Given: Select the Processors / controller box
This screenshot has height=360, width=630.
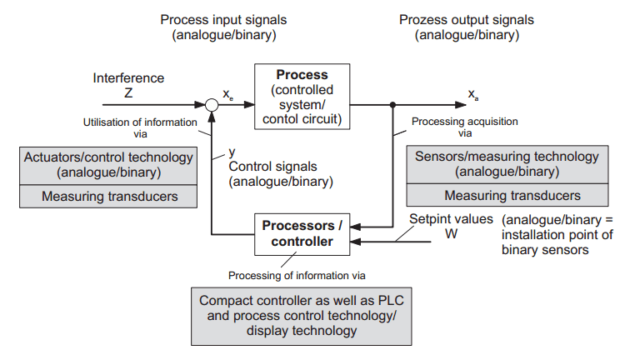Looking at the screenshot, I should [x=302, y=233].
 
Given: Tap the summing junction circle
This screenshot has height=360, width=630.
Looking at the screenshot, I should [x=212, y=105].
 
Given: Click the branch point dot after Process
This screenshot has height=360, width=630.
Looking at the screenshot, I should [x=392, y=105].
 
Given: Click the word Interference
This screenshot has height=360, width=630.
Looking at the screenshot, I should [x=128, y=78].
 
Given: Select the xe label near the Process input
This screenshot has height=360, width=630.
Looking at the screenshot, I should [x=228, y=97].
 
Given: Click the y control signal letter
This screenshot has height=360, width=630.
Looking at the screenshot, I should [x=232, y=153].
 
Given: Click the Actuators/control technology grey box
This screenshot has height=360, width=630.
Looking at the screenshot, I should [x=108, y=165].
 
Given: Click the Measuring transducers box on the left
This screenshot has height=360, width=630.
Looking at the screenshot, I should [x=108, y=197].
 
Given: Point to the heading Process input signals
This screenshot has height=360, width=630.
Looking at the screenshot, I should [x=222, y=20].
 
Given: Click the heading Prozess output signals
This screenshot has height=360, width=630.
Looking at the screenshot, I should [x=467, y=20].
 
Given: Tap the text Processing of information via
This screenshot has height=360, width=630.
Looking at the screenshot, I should [x=297, y=274].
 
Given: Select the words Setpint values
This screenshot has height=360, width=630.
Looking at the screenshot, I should [x=451, y=220].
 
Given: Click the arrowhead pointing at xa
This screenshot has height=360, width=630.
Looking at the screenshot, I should [x=459, y=105].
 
